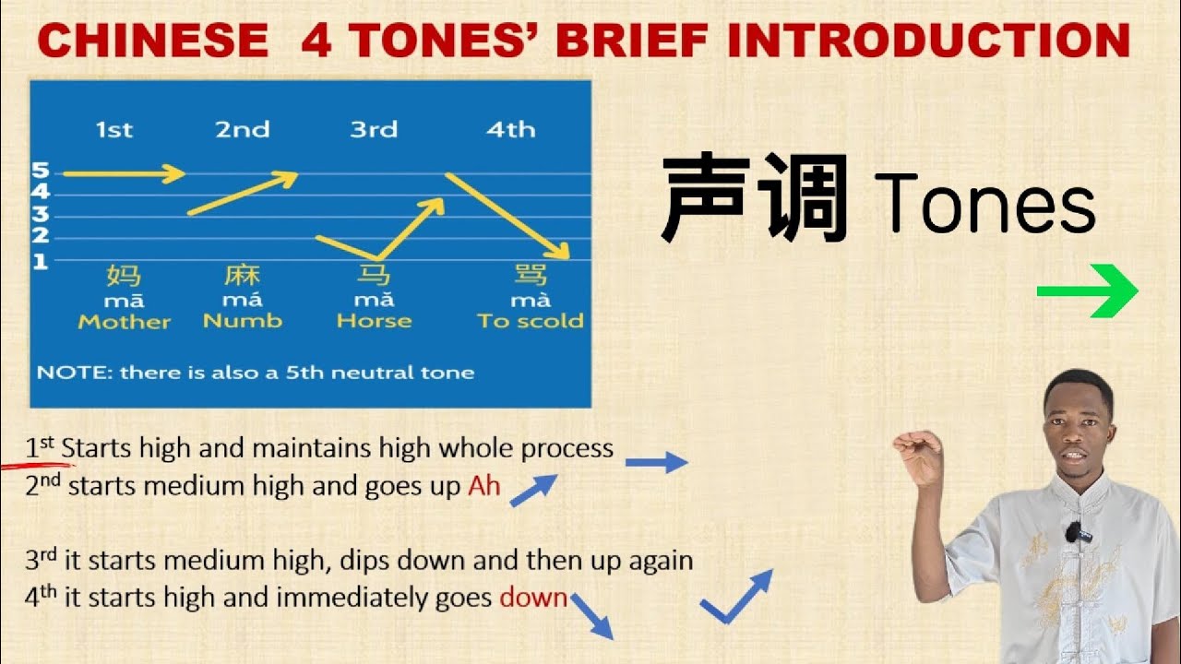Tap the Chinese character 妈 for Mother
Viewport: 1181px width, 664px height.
125,275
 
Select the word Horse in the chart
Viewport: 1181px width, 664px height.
374,321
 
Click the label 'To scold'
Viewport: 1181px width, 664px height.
531,321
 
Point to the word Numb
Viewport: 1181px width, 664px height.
243,321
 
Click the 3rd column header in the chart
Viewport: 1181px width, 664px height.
374,130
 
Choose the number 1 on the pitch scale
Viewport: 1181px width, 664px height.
41,262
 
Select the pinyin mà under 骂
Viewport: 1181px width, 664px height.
531,300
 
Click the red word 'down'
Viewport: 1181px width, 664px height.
533,597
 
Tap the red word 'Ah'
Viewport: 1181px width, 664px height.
483,485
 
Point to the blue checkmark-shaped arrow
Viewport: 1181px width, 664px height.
735,597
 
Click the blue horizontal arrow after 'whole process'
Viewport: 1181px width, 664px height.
656,463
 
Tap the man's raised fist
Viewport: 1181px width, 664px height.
917,453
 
